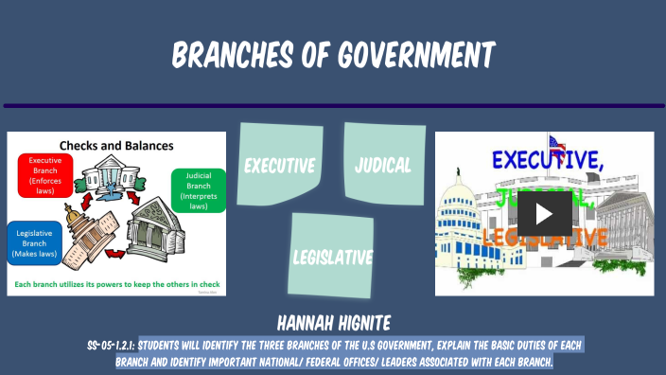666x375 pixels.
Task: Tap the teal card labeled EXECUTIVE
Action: click(279, 165)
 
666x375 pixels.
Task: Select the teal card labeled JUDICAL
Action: click(383, 164)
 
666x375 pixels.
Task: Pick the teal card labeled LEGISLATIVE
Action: click(332, 256)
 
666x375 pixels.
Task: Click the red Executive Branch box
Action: click(44, 174)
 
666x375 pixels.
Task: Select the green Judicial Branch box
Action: click(198, 189)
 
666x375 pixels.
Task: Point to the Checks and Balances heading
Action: click(116, 145)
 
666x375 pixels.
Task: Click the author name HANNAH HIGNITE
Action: click(332, 322)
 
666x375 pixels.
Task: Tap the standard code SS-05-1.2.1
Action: click(111, 345)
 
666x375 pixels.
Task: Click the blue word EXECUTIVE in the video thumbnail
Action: click(548, 161)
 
